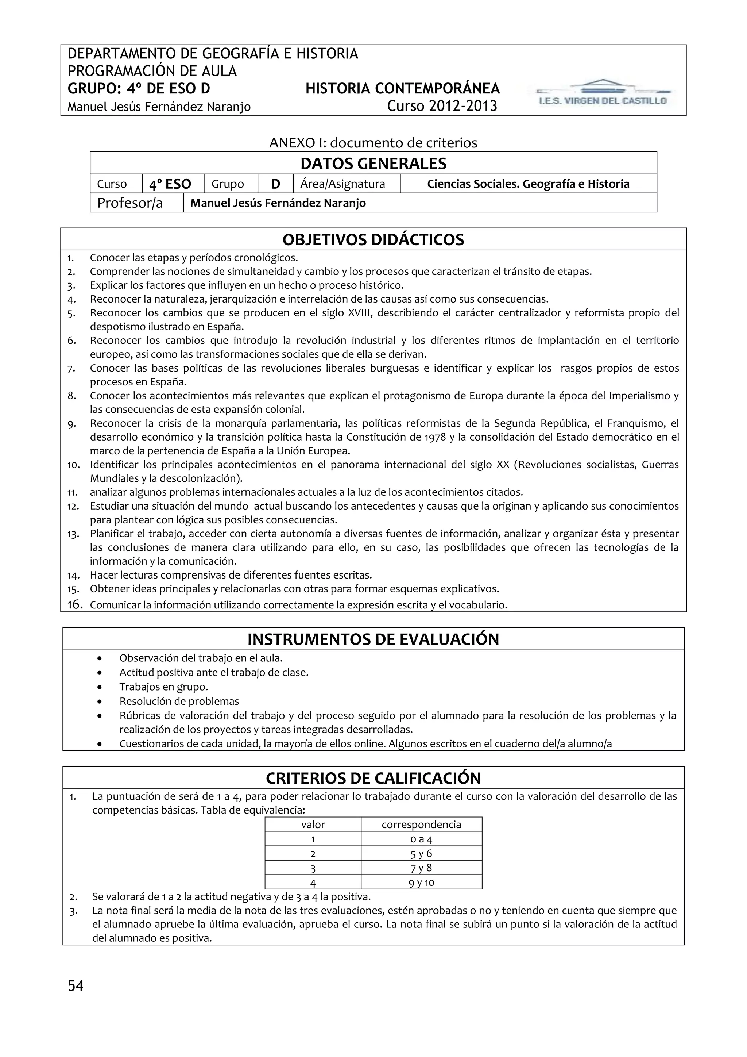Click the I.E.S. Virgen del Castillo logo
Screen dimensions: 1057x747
click(604, 93)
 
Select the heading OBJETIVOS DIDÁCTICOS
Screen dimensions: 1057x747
click(373, 240)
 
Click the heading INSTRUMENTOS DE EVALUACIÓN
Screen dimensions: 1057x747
click(373, 639)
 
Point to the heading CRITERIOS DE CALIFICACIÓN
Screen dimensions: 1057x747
click(373, 779)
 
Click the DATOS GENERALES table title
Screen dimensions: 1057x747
click(373, 164)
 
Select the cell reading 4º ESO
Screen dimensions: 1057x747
click(170, 184)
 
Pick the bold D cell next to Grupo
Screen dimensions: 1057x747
click(275, 184)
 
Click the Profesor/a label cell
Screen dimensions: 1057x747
click(130, 203)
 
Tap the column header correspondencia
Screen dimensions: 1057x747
click(421, 825)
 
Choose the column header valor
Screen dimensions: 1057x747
click(313, 825)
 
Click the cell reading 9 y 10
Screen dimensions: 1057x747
click(421, 883)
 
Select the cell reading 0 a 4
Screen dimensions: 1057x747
click(421, 839)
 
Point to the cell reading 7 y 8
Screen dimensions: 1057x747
click(421, 868)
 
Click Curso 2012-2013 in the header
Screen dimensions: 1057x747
click(442, 106)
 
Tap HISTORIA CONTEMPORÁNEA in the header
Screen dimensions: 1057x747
click(402, 88)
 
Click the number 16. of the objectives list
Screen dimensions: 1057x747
click(74, 605)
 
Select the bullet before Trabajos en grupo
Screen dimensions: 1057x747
click(100, 687)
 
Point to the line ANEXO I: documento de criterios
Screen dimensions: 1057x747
click(373, 143)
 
